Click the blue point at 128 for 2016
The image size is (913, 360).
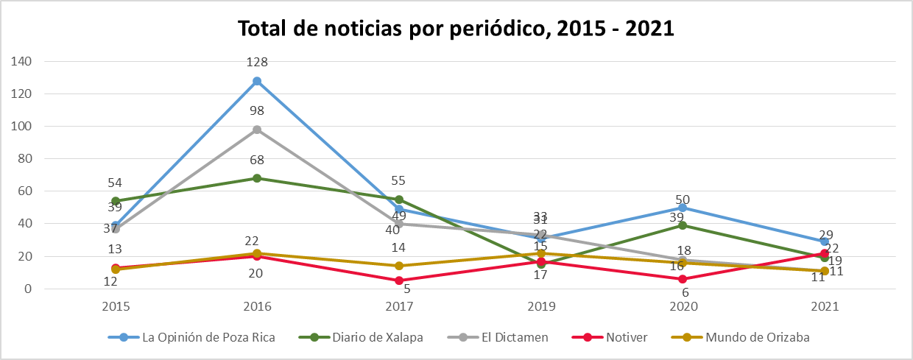(257, 81)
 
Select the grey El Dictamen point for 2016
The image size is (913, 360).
(257, 130)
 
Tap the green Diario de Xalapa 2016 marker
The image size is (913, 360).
(257, 178)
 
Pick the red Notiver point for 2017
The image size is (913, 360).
(399, 280)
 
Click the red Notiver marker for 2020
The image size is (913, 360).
(683, 279)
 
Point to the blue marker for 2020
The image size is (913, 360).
(683, 208)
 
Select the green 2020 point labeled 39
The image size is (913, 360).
(683, 225)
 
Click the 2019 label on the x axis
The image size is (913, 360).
(541, 306)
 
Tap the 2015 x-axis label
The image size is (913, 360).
(116, 306)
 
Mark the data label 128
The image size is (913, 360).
(257, 63)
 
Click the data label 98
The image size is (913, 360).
(257, 111)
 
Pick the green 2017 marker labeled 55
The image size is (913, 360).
(399, 200)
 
